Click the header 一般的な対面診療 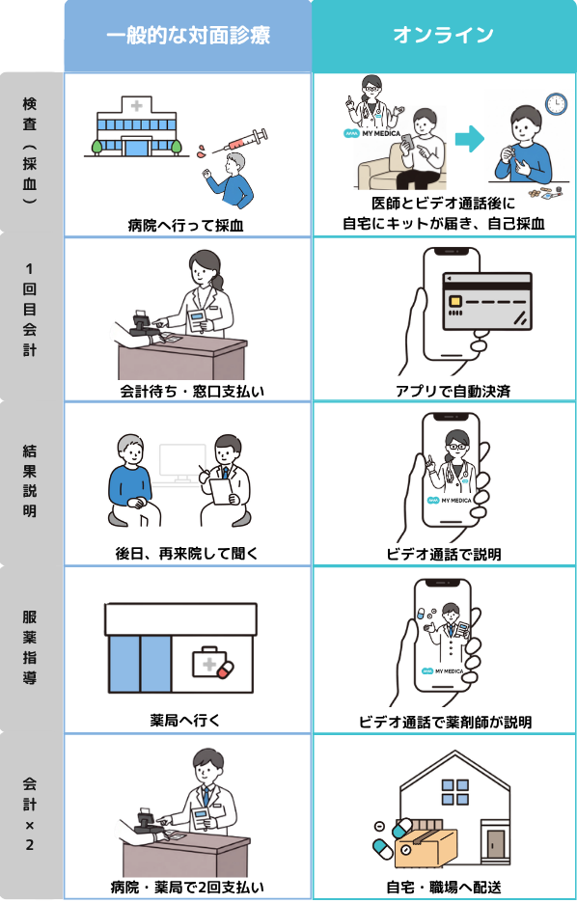[x=188, y=36]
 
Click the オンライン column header [x=443, y=36]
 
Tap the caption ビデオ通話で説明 [x=445, y=555]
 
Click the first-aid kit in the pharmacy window [x=212, y=664]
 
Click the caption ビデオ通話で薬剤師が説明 [x=445, y=721]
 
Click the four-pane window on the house [x=453, y=792]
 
